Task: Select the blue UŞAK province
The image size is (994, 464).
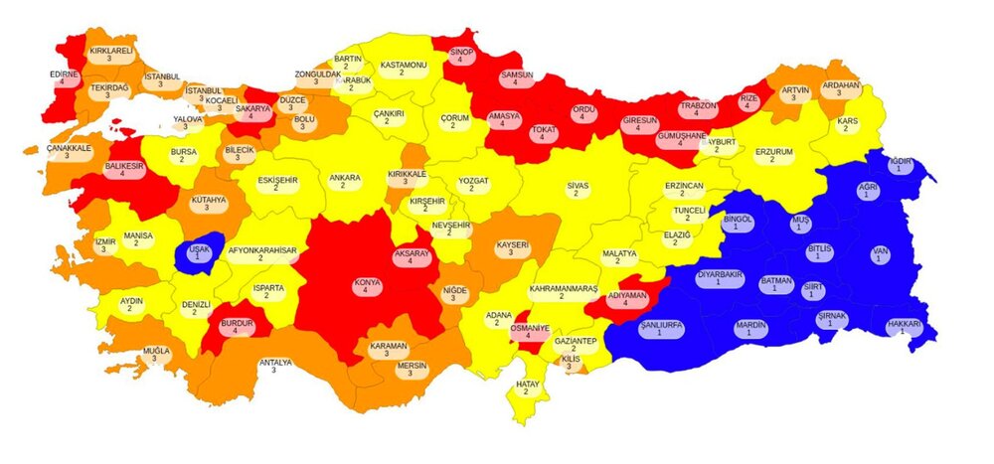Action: click(197, 255)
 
